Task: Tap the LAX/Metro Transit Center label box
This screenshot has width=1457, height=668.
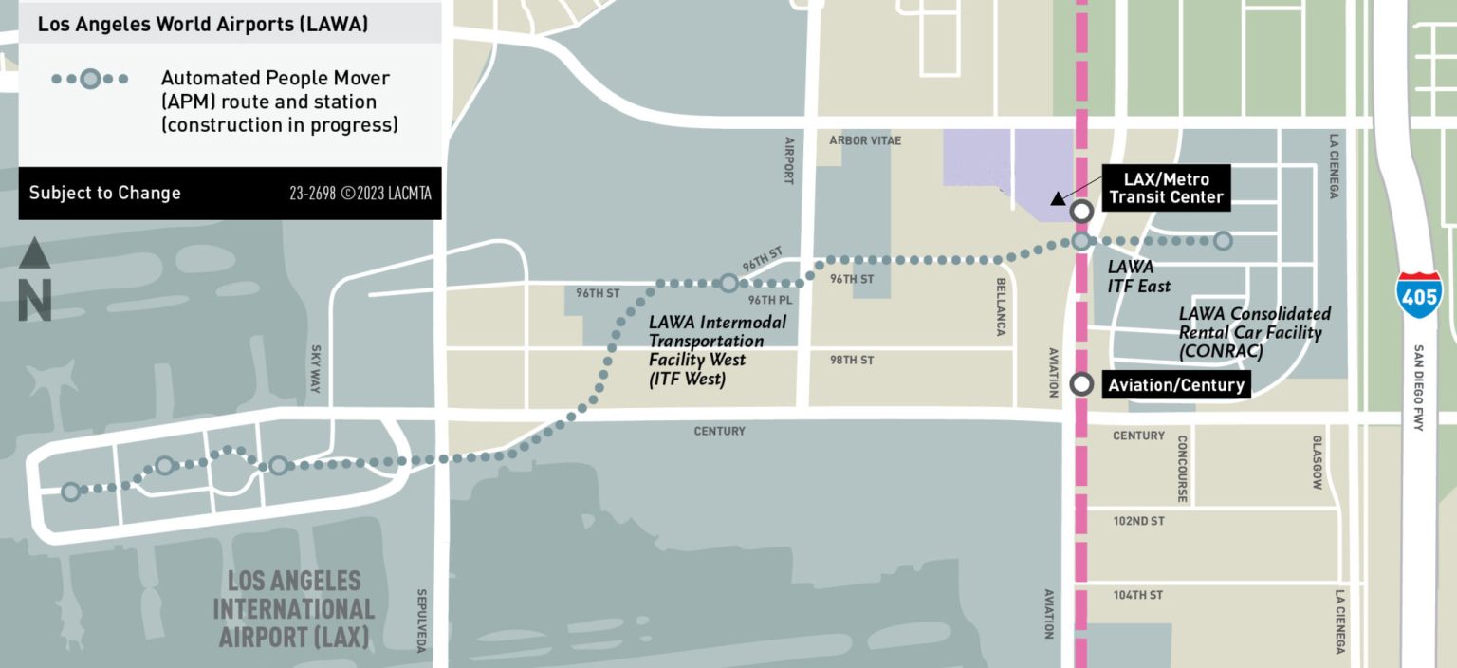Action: (1166, 189)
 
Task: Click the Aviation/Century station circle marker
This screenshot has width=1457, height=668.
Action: (1081, 384)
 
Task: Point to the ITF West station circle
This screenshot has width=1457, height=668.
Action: (728, 283)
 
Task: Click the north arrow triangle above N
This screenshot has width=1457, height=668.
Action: (35, 253)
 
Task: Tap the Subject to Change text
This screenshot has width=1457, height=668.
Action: (104, 193)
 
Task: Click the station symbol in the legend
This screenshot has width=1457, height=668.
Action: (90, 79)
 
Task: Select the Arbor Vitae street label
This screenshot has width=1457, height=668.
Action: (865, 140)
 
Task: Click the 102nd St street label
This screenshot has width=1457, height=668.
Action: (1138, 521)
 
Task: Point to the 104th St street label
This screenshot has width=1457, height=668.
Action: (1138, 595)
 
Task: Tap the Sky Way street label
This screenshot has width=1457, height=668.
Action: (317, 366)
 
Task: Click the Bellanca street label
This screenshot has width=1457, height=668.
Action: (1001, 306)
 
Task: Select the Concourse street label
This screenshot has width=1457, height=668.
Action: (1183, 469)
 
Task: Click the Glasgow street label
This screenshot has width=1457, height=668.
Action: (1317, 463)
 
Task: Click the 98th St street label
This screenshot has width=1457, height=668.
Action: (852, 361)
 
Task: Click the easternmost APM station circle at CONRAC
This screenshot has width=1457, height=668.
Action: (1223, 241)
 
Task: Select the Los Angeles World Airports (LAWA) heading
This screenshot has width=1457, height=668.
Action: (203, 25)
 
